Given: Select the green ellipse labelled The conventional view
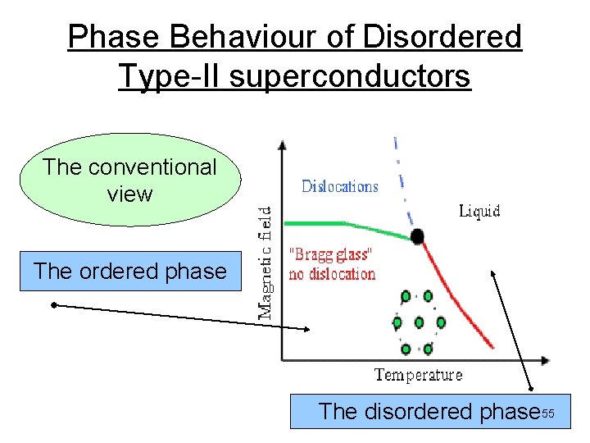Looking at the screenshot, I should click(129, 180).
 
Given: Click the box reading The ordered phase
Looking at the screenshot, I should click(130, 272).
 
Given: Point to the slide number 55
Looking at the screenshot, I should click(547, 413).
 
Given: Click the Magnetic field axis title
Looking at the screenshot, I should click(267, 262).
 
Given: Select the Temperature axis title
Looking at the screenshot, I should click(418, 376).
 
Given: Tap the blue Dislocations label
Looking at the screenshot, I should click(340, 186).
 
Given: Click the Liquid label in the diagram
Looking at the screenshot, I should click(479, 212).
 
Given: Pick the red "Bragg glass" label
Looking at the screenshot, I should click(331, 255).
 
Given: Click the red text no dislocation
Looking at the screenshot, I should click(332, 274).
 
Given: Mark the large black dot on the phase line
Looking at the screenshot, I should click(418, 237).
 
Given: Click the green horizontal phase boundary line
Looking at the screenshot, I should click(328, 223).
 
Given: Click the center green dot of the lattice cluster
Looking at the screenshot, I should click(419, 322).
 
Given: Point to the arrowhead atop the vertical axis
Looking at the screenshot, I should click(282, 146).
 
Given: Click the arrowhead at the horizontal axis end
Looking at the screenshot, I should click(545, 359).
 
